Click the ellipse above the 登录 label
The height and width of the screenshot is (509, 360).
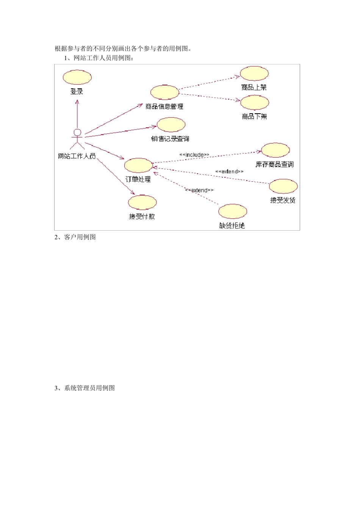[77, 77]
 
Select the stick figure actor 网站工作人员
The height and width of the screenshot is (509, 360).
[77, 139]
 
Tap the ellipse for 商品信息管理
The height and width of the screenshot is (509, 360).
[164, 92]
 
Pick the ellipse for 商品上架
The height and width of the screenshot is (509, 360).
[254, 73]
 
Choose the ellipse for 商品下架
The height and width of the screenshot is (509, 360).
[254, 103]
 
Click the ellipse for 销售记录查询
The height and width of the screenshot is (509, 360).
[171, 125]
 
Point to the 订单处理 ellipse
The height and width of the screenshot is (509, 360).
[138, 166]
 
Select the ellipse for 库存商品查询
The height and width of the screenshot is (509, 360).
[275, 150]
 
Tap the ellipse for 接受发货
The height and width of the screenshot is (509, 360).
[283, 186]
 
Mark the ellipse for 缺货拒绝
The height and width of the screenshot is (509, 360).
[232, 211]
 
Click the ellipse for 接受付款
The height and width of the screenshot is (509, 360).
[142, 202]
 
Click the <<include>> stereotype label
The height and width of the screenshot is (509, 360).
[194, 155]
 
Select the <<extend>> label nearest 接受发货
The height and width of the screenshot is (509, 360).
[229, 172]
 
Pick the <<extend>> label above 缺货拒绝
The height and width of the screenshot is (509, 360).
[199, 190]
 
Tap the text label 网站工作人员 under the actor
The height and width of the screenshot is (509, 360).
[77, 156]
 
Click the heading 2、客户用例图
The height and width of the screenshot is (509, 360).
[75, 237]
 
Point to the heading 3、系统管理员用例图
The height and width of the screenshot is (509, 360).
[85, 388]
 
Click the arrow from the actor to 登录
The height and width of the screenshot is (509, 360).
[77, 114]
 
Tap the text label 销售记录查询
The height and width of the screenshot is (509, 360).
[170, 139]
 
